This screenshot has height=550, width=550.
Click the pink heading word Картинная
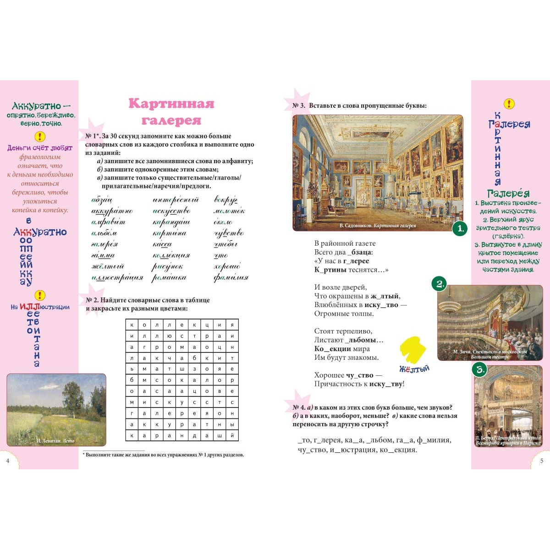171,104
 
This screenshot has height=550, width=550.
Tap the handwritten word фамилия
231,278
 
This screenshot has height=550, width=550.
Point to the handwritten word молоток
229,211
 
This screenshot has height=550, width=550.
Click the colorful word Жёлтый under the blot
414,369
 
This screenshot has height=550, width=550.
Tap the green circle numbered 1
459,229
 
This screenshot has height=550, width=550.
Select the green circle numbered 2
440,284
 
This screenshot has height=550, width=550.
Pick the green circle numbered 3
479,369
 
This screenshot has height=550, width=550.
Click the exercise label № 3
299,106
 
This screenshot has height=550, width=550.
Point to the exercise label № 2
92,300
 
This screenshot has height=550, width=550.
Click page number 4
8,461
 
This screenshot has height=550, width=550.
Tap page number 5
542,461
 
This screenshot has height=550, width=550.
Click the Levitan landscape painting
56,409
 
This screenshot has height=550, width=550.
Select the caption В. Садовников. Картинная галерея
378,226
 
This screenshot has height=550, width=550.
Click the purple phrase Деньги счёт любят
40,148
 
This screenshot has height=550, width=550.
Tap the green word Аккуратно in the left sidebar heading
36,106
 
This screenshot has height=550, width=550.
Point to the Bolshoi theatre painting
490,321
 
